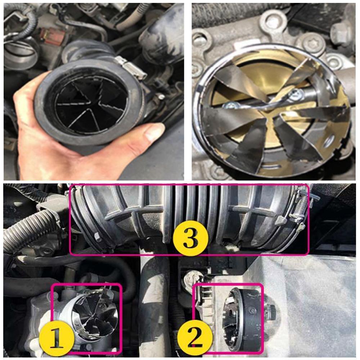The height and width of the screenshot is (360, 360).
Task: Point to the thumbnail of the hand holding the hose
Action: [94, 92]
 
